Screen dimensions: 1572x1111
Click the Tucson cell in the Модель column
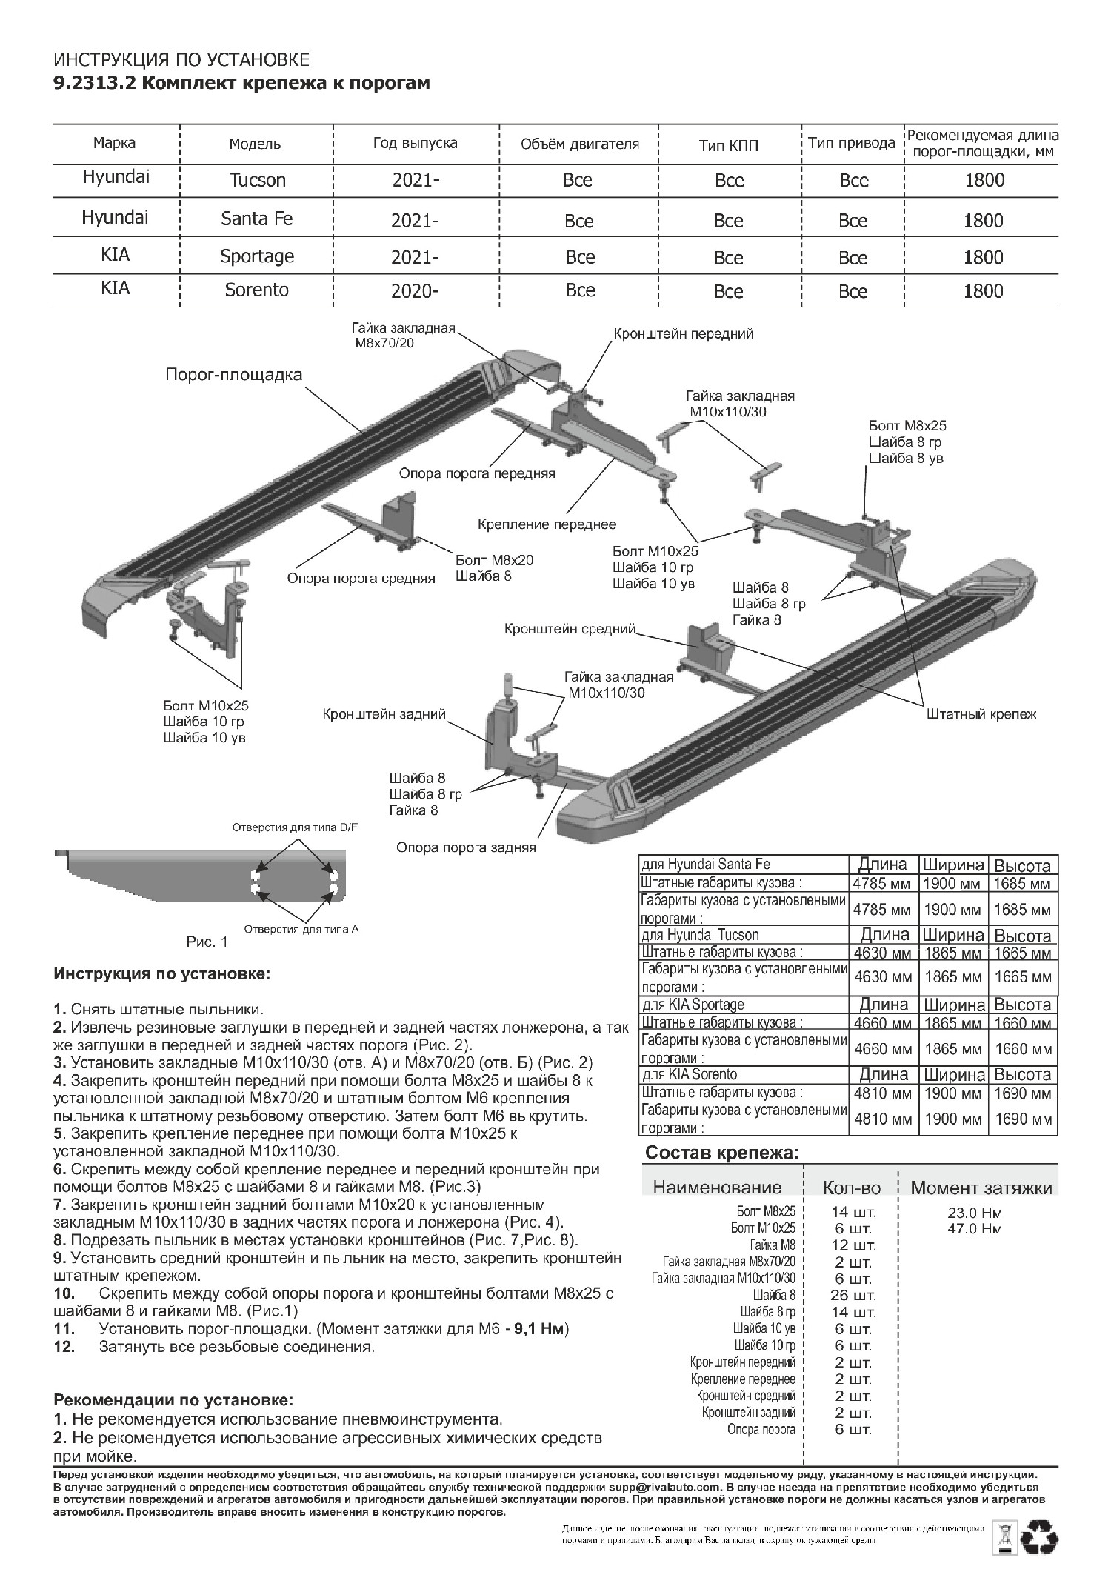pos(257,180)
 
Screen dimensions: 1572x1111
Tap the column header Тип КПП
pos(729,145)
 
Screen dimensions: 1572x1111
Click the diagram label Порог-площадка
pos(233,374)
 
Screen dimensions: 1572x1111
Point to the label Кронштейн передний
pos(683,334)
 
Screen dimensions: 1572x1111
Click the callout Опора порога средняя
pos(361,579)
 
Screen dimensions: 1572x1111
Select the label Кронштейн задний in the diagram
pos(384,714)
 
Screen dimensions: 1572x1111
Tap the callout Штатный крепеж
pos(981,714)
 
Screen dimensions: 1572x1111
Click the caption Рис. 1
pos(207,942)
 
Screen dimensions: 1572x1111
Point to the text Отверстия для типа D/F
pos(295,827)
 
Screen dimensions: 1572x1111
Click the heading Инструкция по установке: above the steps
pos(162,973)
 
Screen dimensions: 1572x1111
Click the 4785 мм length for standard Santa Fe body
pos(882,884)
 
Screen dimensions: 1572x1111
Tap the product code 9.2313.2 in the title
pos(93,83)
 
